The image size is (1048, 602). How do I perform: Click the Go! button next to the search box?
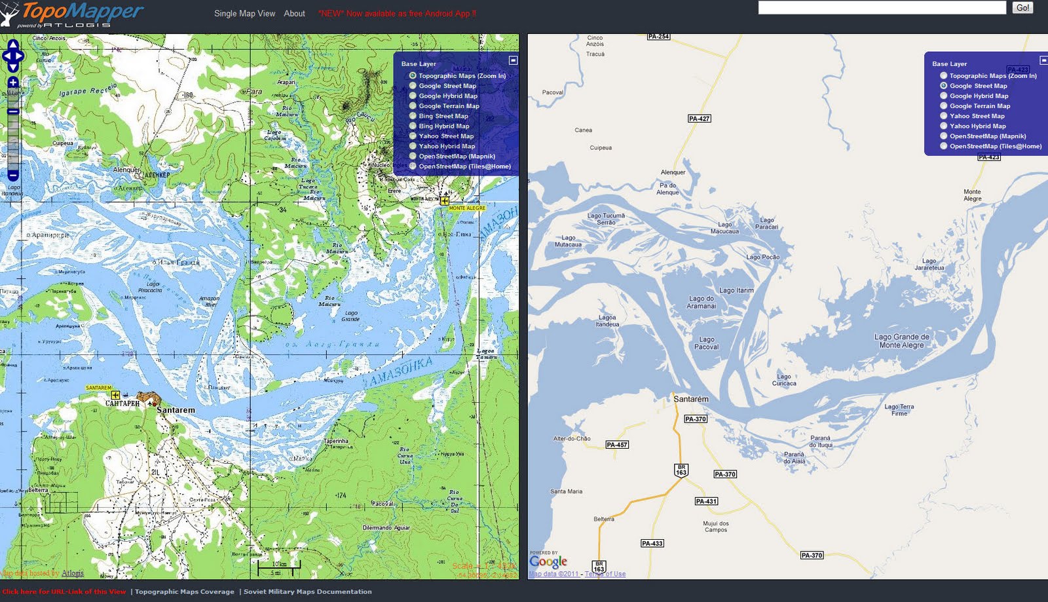click(1022, 8)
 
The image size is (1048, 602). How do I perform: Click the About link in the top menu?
click(294, 13)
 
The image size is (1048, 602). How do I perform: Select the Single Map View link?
click(244, 13)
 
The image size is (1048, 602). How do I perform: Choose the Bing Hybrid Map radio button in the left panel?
click(413, 126)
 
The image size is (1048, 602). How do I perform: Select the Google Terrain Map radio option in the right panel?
click(944, 105)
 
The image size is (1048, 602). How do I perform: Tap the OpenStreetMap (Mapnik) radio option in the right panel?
click(944, 136)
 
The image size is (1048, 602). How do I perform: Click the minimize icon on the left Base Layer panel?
click(514, 60)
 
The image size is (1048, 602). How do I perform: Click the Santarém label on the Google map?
click(690, 399)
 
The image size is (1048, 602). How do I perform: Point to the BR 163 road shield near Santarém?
click(681, 470)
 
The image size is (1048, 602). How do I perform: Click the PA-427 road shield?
click(699, 119)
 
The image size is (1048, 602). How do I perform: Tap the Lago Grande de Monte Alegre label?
click(901, 341)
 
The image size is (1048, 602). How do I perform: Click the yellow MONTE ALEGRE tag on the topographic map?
click(467, 208)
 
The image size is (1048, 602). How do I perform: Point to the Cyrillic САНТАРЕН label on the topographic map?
click(122, 404)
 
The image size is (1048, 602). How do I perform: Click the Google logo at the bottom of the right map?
click(548, 562)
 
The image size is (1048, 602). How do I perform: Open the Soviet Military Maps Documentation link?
click(307, 592)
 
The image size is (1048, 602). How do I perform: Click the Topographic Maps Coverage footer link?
click(184, 592)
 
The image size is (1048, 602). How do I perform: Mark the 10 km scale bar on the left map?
click(279, 565)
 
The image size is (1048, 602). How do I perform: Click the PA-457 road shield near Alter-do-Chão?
click(616, 445)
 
